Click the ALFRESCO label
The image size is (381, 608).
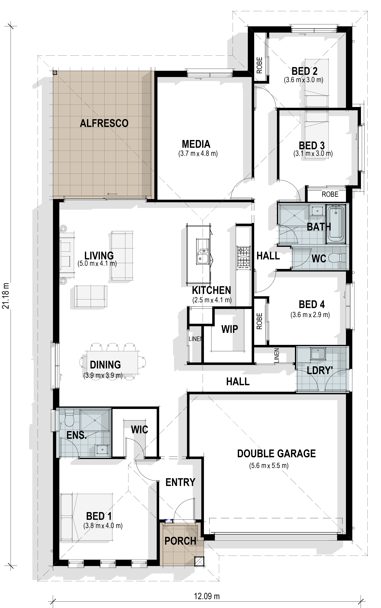pos(104,123)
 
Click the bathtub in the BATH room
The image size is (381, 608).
pos(336,224)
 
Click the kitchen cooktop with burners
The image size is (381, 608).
pos(243,257)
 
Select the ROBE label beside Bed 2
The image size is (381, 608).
pos(260,65)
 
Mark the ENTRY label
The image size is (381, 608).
pos(180,482)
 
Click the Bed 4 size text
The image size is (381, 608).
pos(310,315)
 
